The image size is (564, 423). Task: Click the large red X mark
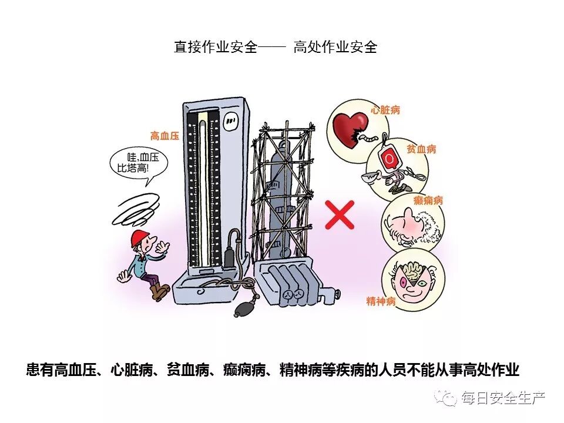tap(340, 214)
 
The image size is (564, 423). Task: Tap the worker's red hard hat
tap(140, 237)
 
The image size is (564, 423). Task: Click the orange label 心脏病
tap(386, 110)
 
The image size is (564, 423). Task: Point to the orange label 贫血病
tap(421, 149)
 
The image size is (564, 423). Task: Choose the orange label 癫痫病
tap(428, 200)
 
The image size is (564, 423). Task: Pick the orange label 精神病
tap(381, 301)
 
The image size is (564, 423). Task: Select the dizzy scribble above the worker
tap(136, 210)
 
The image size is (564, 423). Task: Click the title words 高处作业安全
tap(335, 48)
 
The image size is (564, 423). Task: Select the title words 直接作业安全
tap(216, 48)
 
